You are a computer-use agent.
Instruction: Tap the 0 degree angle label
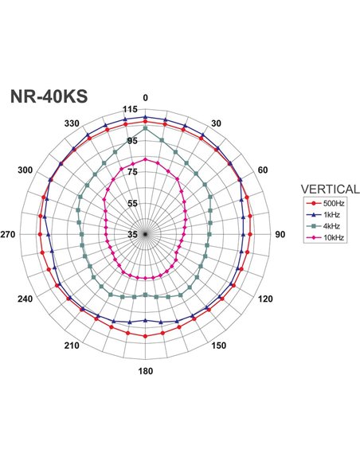pos(145,98)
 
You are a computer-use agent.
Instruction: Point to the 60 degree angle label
pos(264,170)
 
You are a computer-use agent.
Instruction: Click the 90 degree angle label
pos(280,234)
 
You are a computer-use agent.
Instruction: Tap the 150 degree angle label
pos(217,346)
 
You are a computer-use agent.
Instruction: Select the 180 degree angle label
pos(145,371)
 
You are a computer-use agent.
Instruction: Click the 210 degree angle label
pos(72,346)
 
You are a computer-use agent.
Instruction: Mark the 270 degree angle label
pos(9,234)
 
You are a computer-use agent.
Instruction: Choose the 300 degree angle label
pos(25,170)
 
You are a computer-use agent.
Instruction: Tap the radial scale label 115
pos(131,110)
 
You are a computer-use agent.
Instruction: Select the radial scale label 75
pos(133,172)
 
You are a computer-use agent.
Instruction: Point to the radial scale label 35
pos(133,234)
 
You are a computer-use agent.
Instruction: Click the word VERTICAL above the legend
pos(329,189)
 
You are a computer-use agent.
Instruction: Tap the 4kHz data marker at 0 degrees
pos(145,128)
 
